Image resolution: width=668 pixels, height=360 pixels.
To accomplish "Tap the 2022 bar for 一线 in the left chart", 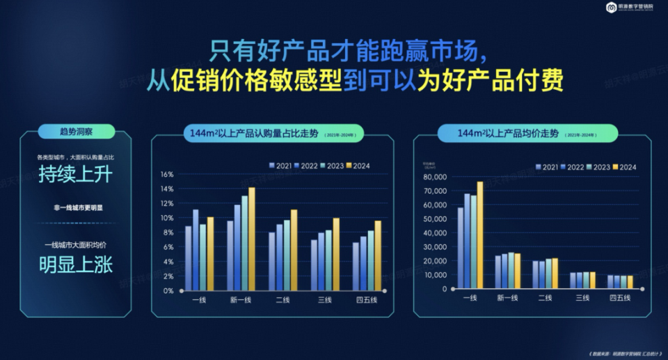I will pos(196,249).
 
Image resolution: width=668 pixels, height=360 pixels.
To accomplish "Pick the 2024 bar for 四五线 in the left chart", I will pos(378,255).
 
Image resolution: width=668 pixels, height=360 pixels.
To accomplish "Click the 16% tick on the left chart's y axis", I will pos(167,174).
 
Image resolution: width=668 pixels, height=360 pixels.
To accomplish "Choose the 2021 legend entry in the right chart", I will pos(546,167).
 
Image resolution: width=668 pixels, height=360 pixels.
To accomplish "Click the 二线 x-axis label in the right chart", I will pos(544,299).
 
